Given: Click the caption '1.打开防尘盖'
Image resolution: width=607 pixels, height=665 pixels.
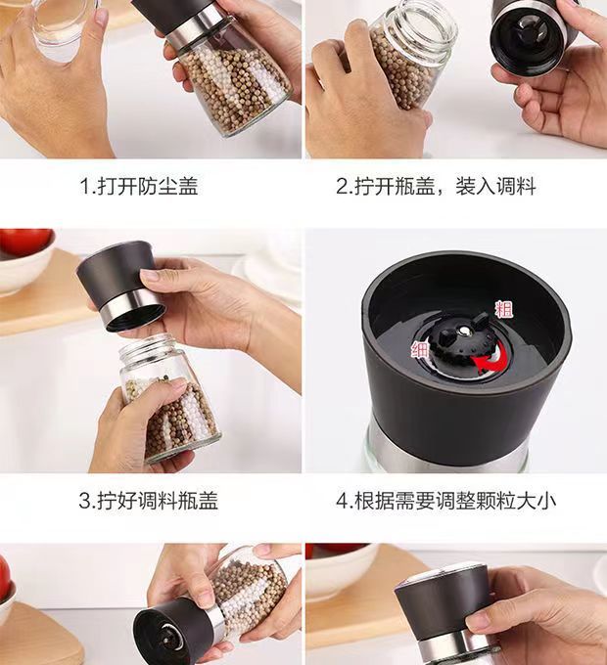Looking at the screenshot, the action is point(139,186).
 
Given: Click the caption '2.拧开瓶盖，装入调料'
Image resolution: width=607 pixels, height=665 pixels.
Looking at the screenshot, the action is point(436,186).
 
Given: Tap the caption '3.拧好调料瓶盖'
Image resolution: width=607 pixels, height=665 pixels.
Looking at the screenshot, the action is point(148,501).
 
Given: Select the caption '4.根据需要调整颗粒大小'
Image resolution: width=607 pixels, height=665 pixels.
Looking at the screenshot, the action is point(445,501).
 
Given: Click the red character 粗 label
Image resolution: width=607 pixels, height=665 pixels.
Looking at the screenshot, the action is point(504,309).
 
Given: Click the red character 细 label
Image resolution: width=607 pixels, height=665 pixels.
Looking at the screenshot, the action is point(419,350).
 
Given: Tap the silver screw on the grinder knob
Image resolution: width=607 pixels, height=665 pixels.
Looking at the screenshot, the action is point(465,331).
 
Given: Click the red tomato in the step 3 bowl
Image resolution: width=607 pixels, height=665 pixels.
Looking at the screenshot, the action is point(25,242).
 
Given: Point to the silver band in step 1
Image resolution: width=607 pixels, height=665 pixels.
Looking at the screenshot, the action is point(195,27).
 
